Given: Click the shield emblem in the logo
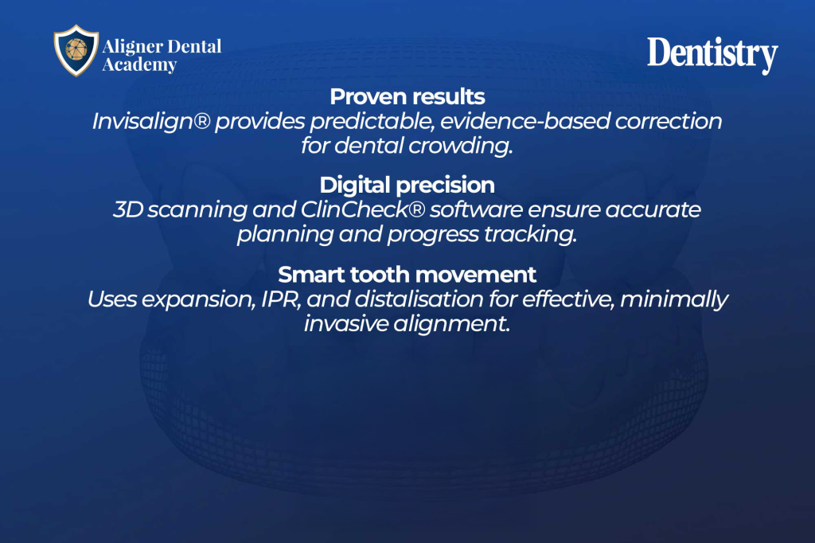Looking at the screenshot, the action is click(x=76, y=50).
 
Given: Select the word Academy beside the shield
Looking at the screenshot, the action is click(x=139, y=65).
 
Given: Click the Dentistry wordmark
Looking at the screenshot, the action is click(x=712, y=55).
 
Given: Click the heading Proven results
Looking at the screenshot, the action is click(x=407, y=97).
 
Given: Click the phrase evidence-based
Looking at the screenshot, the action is click(x=525, y=121).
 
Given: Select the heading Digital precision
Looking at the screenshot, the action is click(x=407, y=186).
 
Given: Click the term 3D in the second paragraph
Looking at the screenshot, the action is click(x=128, y=209).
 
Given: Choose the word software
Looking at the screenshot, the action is click(x=476, y=209).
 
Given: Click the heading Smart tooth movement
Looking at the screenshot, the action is click(x=407, y=275).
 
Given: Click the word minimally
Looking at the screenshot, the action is click(x=674, y=300).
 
